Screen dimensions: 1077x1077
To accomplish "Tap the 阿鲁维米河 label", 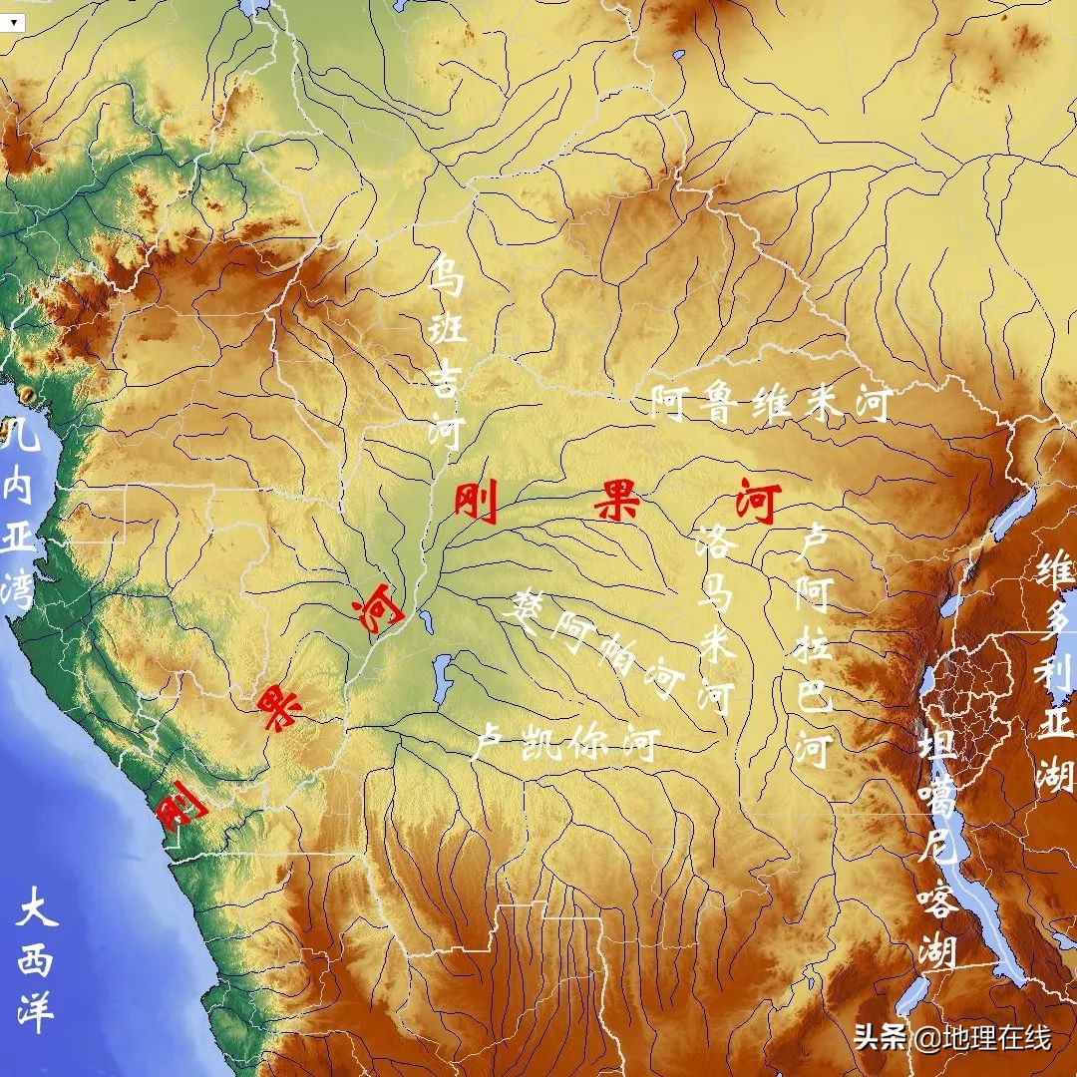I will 769,404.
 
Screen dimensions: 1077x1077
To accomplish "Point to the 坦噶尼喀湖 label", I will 937,848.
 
